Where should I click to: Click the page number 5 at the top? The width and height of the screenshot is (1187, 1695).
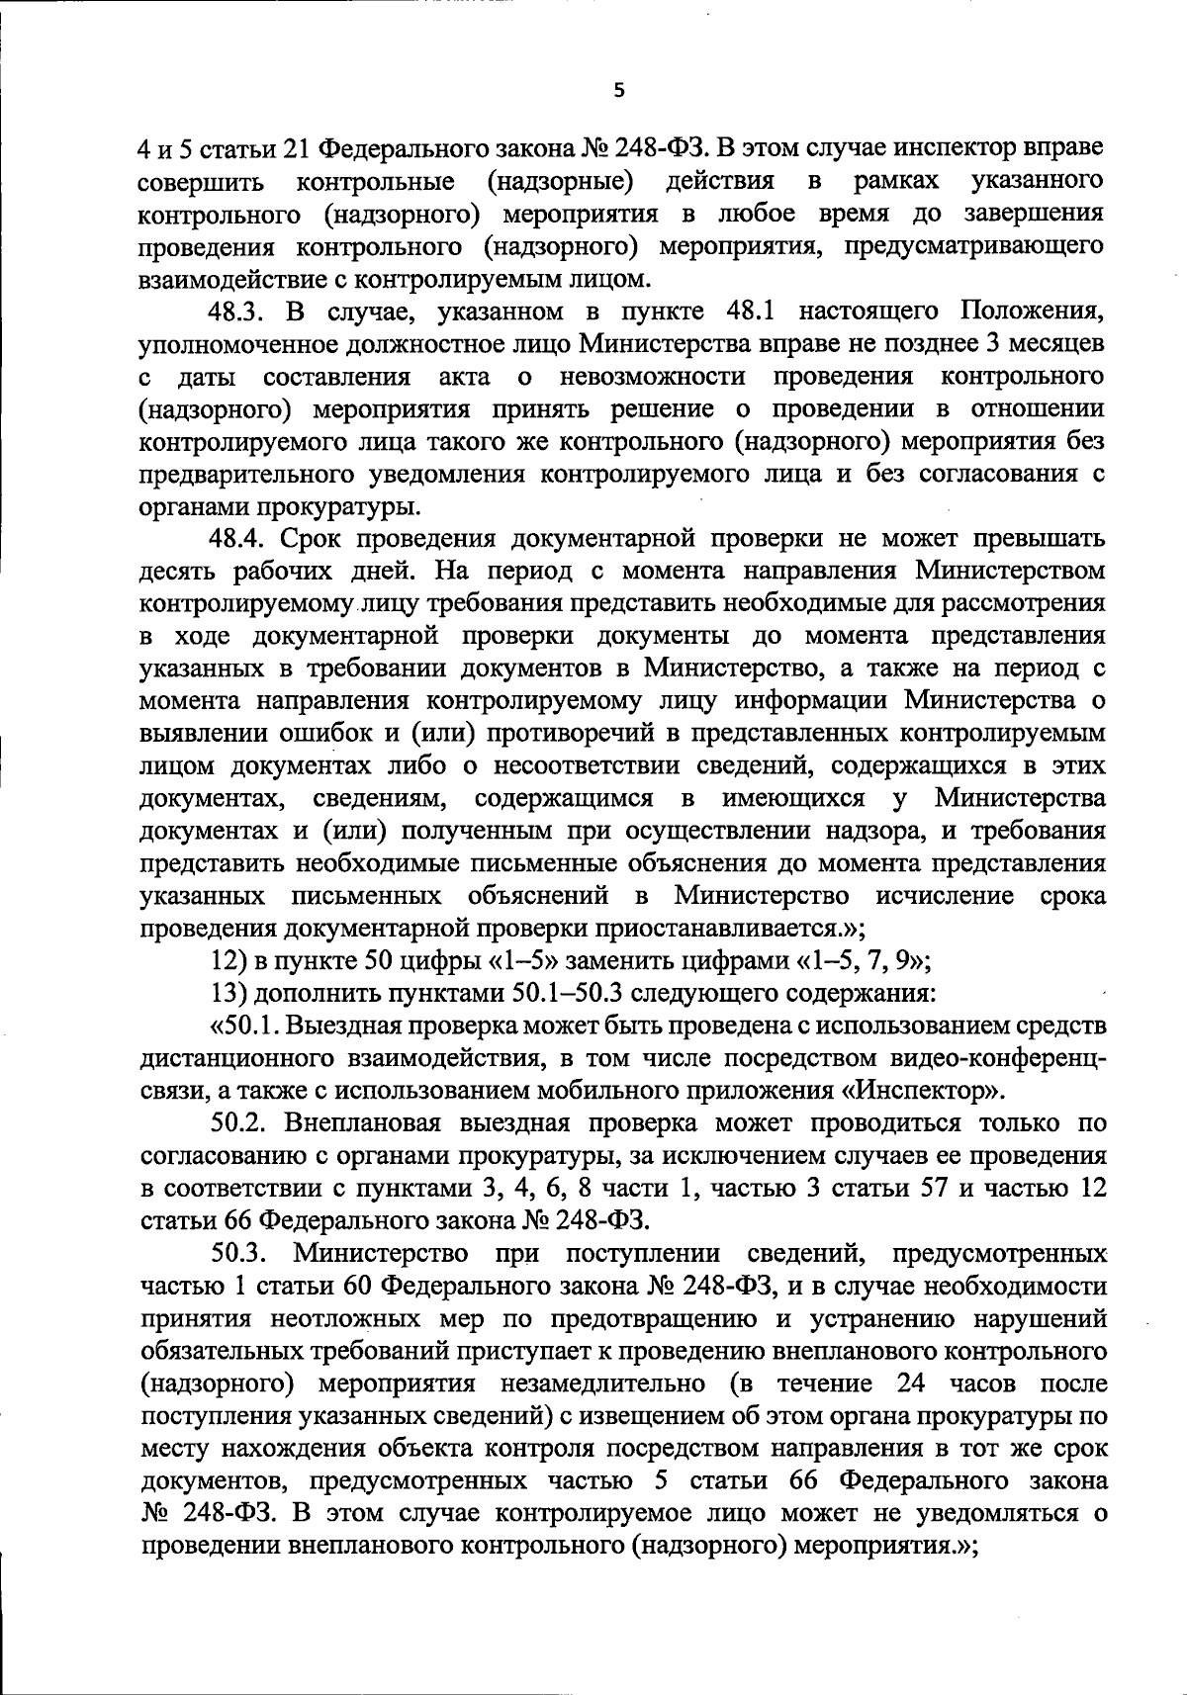point(619,91)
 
